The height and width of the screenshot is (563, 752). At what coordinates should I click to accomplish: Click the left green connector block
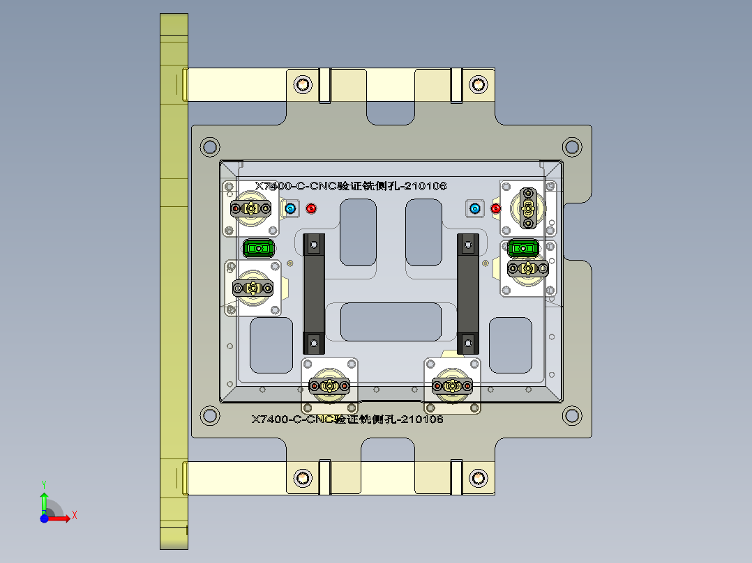(x=258, y=247)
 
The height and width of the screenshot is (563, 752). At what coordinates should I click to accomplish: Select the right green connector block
(x=522, y=247)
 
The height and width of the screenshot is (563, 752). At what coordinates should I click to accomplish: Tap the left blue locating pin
(x=290, y=208)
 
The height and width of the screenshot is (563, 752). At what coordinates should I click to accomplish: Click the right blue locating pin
(x=475, y=208)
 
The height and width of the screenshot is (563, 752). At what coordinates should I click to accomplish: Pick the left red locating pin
(x=311, y=208)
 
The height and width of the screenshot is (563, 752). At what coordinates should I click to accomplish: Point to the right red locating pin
(x=496, y=208)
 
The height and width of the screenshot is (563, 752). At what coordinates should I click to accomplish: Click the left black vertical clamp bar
(x=314, y=293)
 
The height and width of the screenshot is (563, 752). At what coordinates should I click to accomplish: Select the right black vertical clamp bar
(x=467, y=293)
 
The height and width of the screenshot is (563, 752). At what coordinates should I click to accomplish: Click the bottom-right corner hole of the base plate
(x=571, y=416)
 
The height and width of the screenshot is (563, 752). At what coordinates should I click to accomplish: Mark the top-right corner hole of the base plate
(x=571, y=147)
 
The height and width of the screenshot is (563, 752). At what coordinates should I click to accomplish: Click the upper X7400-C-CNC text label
(x=350, y=186)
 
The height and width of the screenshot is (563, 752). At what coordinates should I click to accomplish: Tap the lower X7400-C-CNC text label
(x=347, y=419)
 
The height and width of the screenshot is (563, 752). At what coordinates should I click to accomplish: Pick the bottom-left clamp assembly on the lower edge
(x=329, y=385)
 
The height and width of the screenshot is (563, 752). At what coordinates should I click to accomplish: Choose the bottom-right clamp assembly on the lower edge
(x=453, y=385)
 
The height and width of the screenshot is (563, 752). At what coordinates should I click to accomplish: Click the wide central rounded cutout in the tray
(x=390, y=321)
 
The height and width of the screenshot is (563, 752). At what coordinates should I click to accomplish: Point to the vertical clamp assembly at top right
(x=528, y=206)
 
